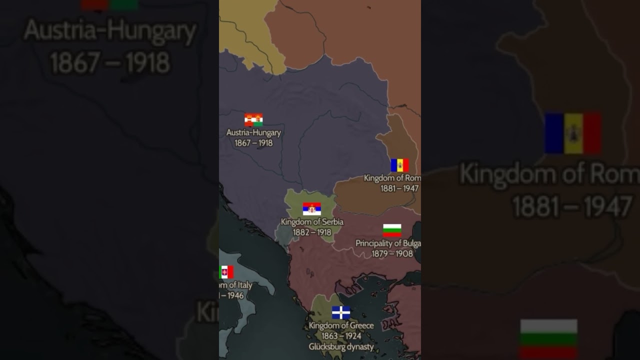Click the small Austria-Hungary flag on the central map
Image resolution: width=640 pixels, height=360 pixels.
[253, 120]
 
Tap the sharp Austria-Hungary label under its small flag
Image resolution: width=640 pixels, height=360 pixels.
[253, 132]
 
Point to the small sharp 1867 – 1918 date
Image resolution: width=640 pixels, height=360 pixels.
[253, 143]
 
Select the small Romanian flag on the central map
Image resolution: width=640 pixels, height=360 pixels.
[399, 165]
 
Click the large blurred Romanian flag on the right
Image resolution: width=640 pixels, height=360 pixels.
[572, 133]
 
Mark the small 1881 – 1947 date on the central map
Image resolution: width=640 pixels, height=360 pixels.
[399, 188]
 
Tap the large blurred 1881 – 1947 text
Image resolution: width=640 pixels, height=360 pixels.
[572, 206]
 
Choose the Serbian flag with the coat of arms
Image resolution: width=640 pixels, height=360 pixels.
[312, 209]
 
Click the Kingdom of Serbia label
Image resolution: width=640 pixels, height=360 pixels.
[312, 221]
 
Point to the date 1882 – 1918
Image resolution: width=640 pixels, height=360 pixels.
[312, 232]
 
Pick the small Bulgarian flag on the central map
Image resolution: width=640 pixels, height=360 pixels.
[392, 230]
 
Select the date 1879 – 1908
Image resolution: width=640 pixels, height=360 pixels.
[392, 253]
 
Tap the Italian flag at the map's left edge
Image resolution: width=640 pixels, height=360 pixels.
[226, 272]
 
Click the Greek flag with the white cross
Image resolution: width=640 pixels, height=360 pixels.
[341, 312]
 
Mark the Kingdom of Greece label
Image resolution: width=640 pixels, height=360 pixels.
[341, 325]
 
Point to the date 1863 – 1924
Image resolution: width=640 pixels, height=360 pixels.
[341, 336]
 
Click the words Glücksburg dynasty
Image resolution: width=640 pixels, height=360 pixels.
[341, 346]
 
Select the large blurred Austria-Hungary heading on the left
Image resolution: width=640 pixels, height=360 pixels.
[110, 31]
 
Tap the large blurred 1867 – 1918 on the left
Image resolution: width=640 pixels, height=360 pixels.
[110, 63]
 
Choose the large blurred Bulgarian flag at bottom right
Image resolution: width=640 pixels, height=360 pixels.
[548, 339]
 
